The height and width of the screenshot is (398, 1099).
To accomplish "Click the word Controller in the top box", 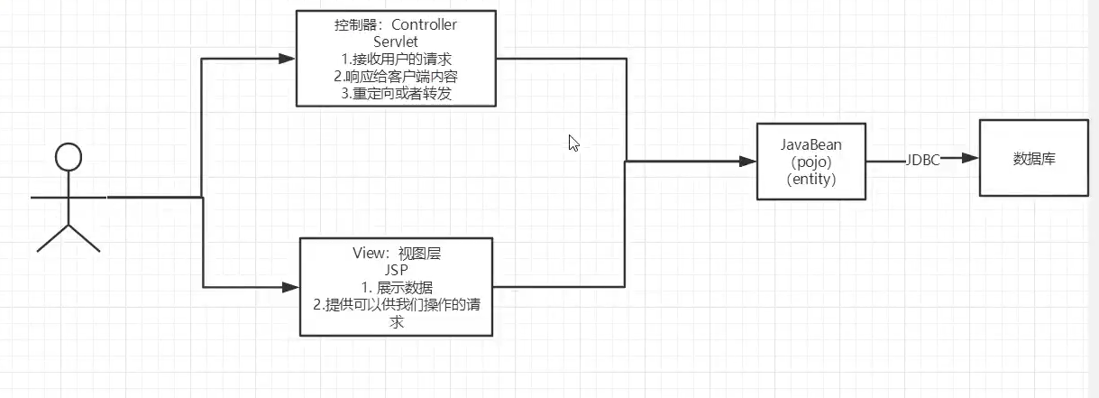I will click(425, 25).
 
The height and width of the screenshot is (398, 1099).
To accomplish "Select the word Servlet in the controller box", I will click(396, 42).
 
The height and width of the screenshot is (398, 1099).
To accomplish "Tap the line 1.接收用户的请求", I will click(396, 59).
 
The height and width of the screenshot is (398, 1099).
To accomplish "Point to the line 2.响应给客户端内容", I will click(396, 76).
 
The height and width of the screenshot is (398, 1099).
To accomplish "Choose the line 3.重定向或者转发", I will click(396, 93).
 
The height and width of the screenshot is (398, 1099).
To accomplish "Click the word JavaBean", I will click(811, 145).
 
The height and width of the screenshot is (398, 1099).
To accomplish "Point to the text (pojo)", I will click(811, 162).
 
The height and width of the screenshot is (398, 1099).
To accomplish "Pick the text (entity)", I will click(811, 180).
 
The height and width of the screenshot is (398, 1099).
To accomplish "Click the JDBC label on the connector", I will click(923, 160).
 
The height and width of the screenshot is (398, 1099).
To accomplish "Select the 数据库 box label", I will click(1034, 160).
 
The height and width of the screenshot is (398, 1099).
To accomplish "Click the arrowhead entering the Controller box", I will click(288, 59).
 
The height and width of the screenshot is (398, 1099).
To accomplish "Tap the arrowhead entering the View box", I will click(289, 287).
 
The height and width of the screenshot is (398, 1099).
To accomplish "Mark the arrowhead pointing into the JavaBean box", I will click(746, 162).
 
